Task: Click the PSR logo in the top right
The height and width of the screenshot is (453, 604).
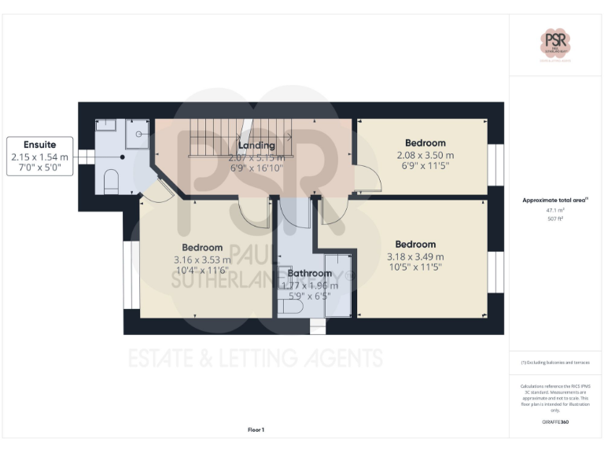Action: tap(555, 43)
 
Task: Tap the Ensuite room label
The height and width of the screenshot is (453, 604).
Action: tap(40, 145)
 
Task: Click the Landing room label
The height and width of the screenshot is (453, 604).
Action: tap(256, 145)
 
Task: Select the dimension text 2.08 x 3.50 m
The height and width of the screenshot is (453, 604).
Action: tap(425, 155)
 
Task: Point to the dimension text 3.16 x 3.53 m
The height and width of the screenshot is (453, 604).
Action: tap(202, 260)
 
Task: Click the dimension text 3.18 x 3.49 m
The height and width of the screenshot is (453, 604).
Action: tap(415, 256)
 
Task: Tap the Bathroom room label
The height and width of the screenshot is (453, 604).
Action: tap(309, 274)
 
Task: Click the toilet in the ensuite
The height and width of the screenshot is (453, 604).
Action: tap(111, 183)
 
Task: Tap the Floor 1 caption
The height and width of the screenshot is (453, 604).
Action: tap(256, 429)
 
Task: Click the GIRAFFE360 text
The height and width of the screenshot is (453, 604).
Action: tap(555, 422)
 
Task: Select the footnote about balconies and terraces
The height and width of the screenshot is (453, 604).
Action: tap(555, 362)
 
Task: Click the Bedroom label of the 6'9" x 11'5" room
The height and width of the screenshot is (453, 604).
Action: tap(425, 143)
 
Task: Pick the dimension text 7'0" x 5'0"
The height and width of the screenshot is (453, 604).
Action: tap(40, 168)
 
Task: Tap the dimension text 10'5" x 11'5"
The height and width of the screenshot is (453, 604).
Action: tap(415, 268)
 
